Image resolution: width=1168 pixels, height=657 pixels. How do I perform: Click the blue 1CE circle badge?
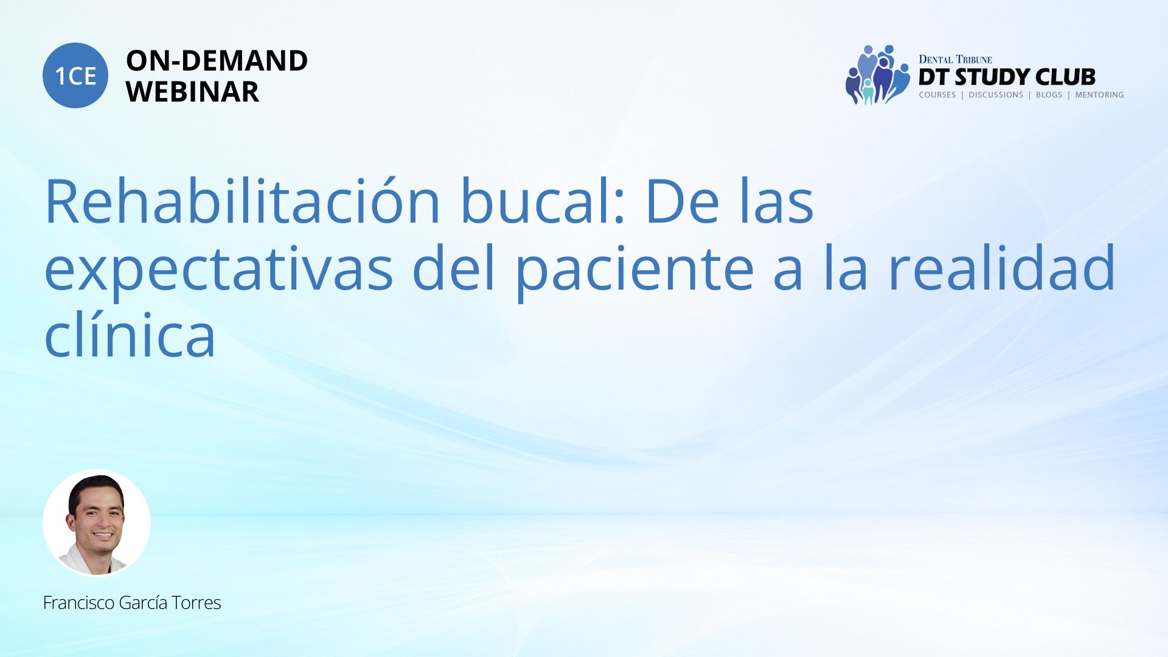point(75,75)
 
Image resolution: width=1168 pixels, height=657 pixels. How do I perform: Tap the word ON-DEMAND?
point(217,61)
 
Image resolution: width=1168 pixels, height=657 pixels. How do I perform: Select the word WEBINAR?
point(192,92)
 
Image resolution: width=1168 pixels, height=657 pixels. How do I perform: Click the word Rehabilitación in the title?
point(243,201)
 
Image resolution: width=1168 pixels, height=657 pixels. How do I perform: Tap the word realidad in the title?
point(1002,268)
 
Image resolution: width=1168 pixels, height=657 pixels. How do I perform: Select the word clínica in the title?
point(130,335)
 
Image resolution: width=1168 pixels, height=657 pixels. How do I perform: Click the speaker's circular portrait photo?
point(97,523)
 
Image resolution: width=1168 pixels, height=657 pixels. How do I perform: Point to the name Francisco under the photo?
point(79,603)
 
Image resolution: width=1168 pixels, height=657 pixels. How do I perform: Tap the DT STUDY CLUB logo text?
point(1007,77)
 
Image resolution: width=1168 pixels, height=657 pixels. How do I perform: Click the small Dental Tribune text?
point(955,59)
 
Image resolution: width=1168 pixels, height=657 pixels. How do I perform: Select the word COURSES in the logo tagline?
point(937,95)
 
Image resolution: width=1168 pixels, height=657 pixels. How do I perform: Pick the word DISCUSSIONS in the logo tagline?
point(996,95)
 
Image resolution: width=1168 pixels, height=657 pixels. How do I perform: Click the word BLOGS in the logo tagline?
point(1049,95)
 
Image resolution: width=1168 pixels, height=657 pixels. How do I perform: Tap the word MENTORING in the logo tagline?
point(1099,95)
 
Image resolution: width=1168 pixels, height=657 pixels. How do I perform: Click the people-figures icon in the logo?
point(877,75)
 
